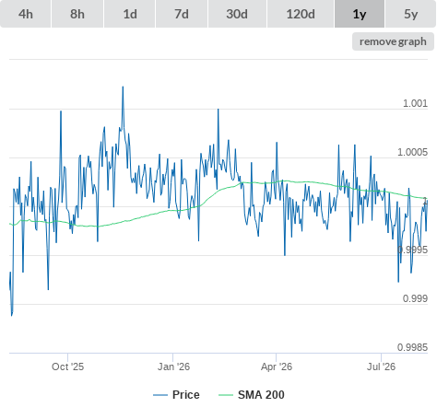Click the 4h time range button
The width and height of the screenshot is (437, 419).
(26, 14)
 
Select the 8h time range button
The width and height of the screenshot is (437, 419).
(77, 14)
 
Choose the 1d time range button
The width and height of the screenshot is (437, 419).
(130, 14)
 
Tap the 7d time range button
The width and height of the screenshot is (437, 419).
(182, 14)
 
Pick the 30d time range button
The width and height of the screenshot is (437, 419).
(237, 14)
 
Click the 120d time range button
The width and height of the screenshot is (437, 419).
(301, 14)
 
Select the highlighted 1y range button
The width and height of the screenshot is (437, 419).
(360, 14)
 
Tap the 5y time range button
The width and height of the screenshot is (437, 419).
(410, 14)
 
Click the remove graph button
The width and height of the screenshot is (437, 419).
(393, 41)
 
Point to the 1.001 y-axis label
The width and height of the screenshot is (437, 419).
(415, 103)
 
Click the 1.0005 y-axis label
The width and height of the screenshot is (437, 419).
(412, 152)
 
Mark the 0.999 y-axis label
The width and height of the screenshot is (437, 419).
(415, 298)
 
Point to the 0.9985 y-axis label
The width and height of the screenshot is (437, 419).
(412, 347)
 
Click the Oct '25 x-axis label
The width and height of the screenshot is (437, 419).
(67, 367)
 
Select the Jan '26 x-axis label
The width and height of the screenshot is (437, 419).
(173, 367)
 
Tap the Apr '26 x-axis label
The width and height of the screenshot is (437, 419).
(277, 367)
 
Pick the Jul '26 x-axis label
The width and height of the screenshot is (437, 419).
(381, 367)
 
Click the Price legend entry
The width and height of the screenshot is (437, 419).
(176, 395)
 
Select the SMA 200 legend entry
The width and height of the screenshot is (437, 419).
(252, 395)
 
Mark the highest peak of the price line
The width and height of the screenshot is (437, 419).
(123, 87)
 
